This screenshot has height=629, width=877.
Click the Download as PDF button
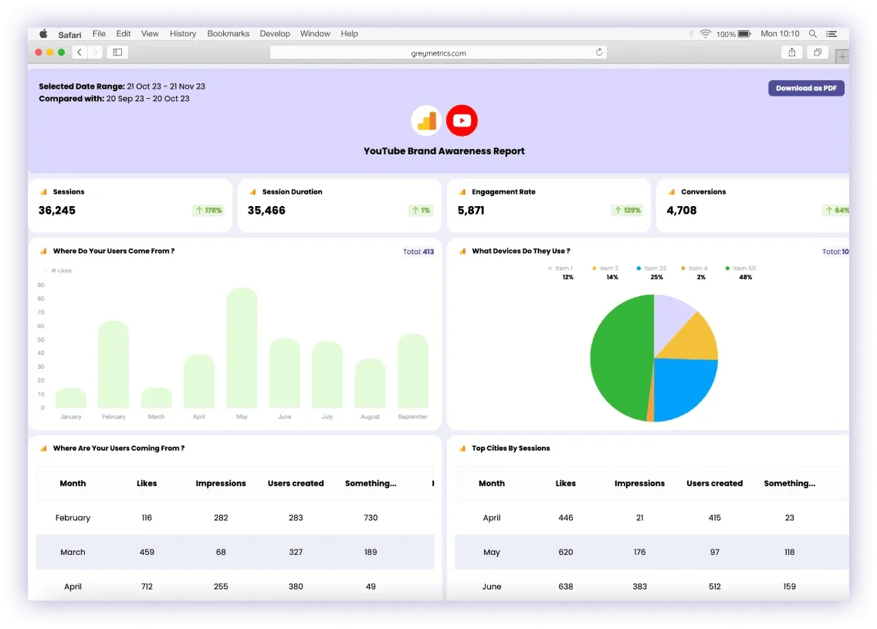806,88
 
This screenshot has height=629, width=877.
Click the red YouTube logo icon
462,120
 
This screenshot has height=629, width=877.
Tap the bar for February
113,364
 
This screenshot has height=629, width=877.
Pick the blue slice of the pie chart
683,386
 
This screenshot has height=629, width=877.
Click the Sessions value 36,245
57,210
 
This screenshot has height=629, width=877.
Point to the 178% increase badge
208,210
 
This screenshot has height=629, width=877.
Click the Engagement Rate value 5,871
471,210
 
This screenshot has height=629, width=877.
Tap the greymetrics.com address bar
438,52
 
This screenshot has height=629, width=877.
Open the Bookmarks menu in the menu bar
229,34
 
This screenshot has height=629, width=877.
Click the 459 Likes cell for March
147,552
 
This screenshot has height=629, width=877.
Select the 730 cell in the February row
371,518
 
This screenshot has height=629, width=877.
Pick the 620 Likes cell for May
566,552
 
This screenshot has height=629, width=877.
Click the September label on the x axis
412,417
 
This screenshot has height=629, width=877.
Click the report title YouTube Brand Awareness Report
444,151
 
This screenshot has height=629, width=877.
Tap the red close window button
39,52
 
